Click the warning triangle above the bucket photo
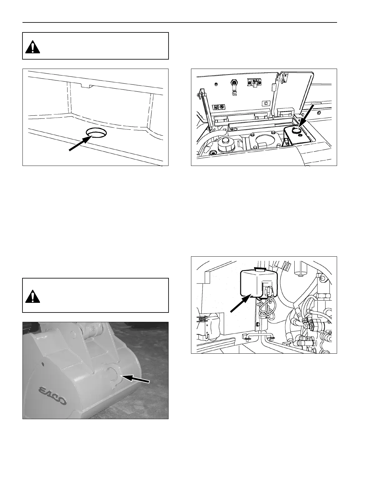coord(32,296)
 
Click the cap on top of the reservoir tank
coord(259,268)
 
